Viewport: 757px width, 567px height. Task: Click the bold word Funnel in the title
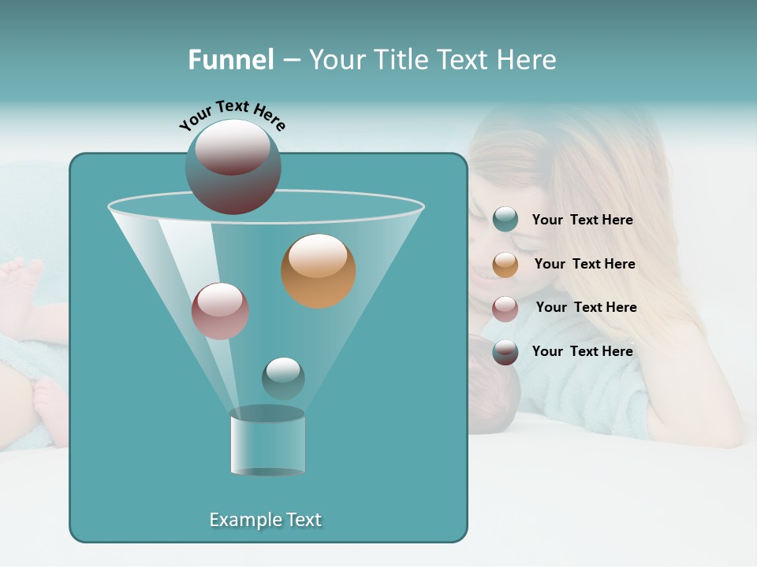pyautogui.click(x=230, y=60)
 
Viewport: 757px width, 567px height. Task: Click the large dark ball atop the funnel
pyautogui.click(x=233, y=166)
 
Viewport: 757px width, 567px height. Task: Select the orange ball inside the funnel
pyautogui.click(x=318, y=271)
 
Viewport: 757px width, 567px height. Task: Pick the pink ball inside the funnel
pyautogui.click(x=220, y=311)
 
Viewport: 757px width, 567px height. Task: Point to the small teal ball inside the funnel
pyautogui.click(x=283, y=378)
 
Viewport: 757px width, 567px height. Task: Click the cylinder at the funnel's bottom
pyautogui.click(x=267, y=443)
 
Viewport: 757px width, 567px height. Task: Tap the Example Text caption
pyautogui.click(x=265, y=520)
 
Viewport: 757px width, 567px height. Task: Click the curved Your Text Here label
pyautogui.click(x=233, y=115)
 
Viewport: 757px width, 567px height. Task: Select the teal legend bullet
pyautogui.click(x=505, y=220)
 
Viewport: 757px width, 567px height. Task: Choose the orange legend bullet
pyautogui.click(x=505, y=265)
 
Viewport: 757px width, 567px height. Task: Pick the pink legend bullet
pyautogui.click(x=505, y=309)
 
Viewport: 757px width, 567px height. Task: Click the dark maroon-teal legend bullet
pyautogui.click(x=505, y=352)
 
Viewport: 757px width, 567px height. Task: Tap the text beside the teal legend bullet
pyautogui.click(x=582, y=220)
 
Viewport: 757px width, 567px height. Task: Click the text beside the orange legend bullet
pyautogui.click(x=584, y=264)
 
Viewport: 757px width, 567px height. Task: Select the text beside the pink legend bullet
pyautogui.click(x=586, y=307)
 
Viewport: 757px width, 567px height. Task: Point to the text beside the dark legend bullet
pyautogui.click(x=582, y=351)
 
